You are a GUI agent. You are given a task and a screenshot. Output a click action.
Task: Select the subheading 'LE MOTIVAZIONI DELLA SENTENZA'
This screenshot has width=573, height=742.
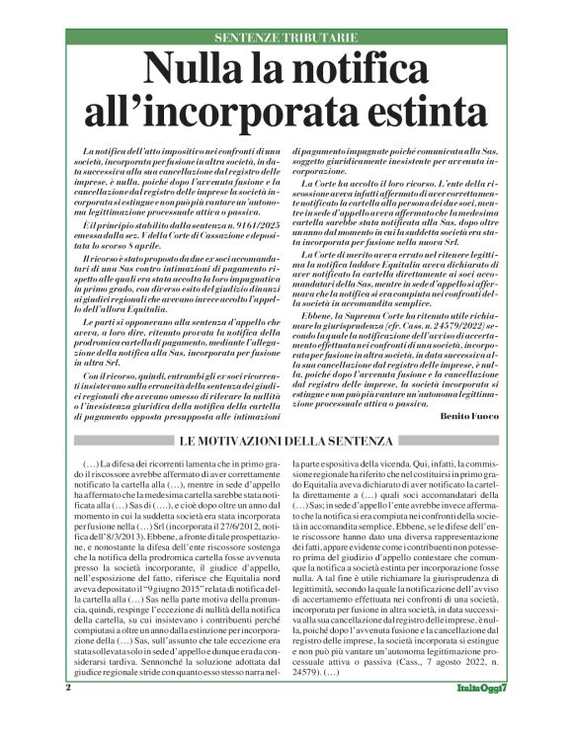pyautogui.click(x=286, y=440)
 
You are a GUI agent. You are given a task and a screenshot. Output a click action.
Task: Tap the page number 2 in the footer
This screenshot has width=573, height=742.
pyautogui.click(x=68, y=714)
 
